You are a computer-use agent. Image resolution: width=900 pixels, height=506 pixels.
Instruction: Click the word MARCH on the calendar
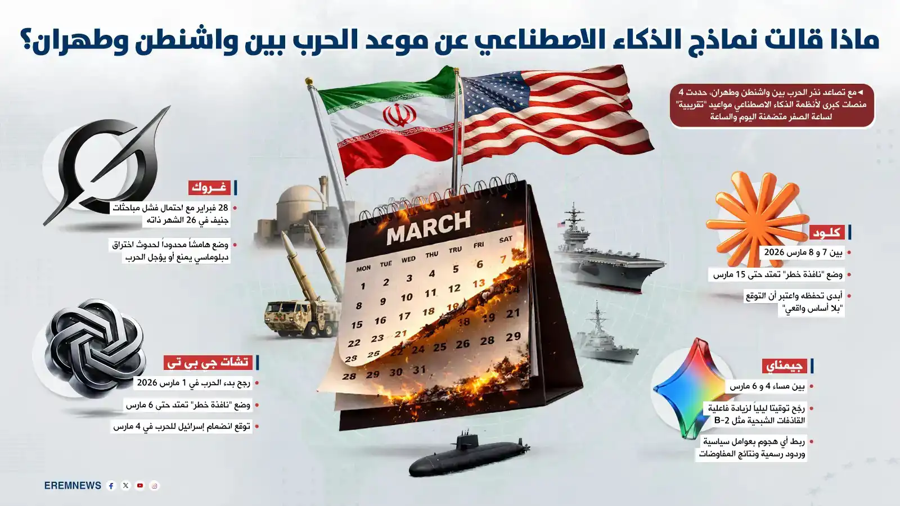click(429, 226)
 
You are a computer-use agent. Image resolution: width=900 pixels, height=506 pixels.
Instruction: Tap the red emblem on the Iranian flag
click(399, 115)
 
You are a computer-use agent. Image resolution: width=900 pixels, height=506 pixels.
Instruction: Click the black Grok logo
click(107, 166)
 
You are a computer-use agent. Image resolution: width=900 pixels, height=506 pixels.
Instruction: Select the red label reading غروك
click(209, 187)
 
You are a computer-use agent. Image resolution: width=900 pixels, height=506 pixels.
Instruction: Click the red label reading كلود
click(826, 232)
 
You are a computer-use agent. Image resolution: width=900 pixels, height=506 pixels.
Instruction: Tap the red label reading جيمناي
click(784, 366)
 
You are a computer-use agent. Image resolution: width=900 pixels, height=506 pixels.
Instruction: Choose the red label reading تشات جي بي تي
click(208, 363)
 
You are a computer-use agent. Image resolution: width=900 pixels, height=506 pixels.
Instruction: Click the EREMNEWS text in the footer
click(73, 486)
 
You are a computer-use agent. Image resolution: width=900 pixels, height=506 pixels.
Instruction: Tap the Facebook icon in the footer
click(111, 486)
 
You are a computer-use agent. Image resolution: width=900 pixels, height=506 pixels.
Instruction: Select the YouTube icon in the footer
click(140, 486)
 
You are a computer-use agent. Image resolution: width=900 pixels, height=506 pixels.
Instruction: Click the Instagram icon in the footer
click(155, 486)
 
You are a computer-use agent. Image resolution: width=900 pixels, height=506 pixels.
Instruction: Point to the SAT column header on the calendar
click(505, 240)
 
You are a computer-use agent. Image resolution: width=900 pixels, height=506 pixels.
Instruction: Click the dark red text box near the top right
click(772, 105)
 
